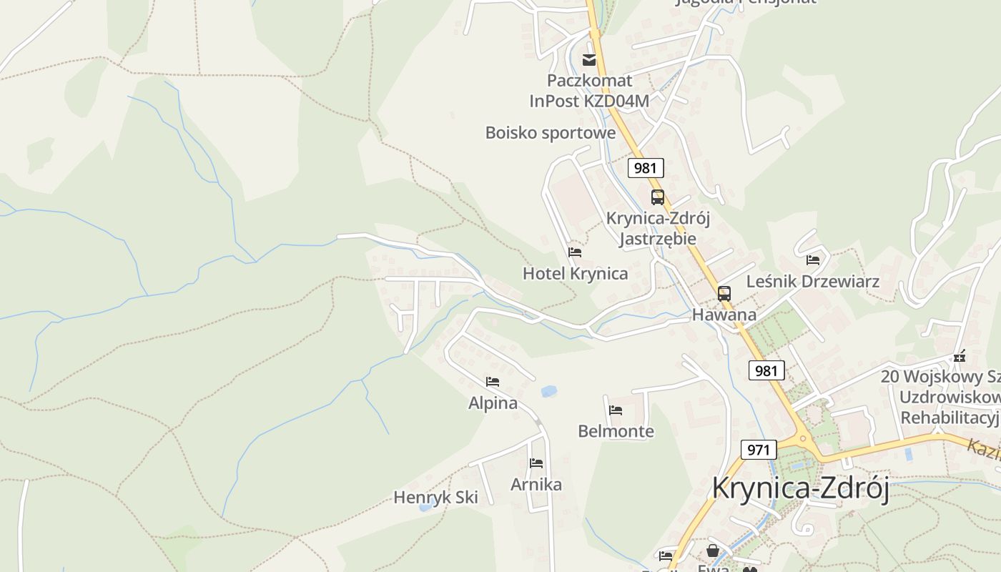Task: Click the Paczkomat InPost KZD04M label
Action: click(589, 90)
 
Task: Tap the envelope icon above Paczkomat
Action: click(589, 59)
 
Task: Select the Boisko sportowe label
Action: click(550, 133)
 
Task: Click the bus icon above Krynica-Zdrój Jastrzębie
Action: click(657, 197)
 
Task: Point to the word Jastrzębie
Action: click(657, 238)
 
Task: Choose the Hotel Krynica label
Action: click(575, 273)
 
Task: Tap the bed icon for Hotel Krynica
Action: click(575, 252)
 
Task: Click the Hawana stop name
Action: click(724, 315)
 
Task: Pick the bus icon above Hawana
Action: click(724, 293)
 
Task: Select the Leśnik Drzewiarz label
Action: click(812, 281)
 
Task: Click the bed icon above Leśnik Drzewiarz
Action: click(813, 260)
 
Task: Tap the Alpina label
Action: click(493, 403)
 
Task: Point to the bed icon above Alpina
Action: click(493, 381)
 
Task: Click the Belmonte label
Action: click(616, 431)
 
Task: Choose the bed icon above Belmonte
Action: click(616, 410)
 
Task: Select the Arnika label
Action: click(536, 485)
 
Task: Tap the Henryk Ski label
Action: click(435, 497)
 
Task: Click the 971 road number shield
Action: click(758, 450)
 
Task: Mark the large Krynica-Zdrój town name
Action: click(800, 489)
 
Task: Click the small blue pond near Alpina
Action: click(548, 391)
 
